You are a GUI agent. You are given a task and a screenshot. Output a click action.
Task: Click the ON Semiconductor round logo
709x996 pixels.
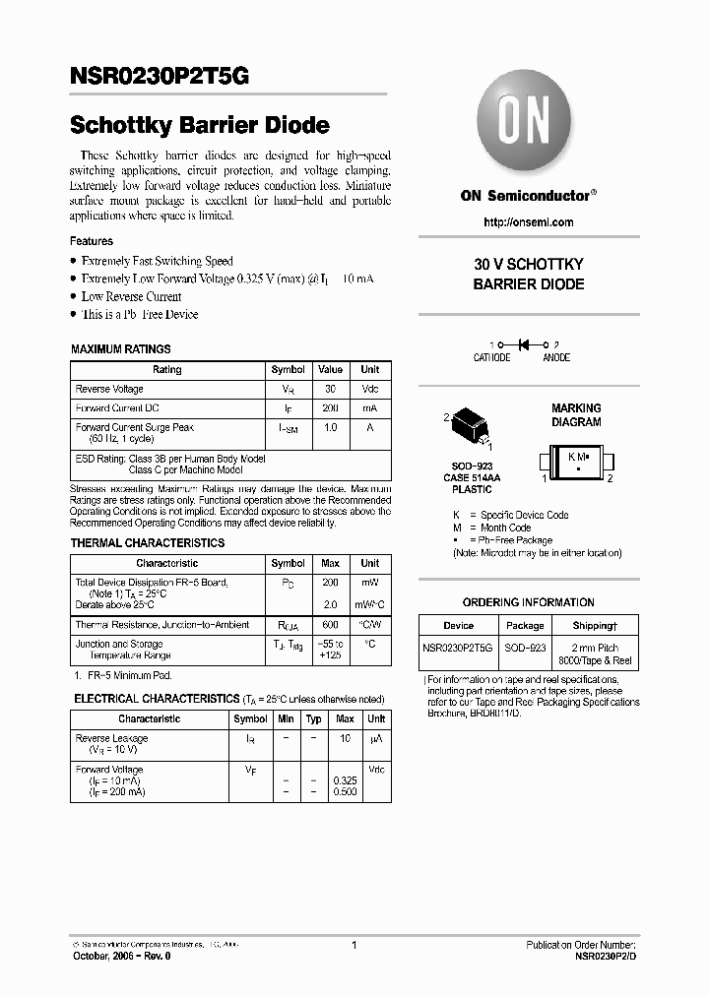coord(528,126)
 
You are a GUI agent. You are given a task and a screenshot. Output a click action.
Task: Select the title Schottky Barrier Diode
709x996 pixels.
coord(199,126)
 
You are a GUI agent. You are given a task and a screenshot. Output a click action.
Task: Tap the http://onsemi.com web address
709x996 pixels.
coord(529,222)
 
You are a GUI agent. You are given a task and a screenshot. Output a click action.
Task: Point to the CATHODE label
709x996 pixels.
coord(491,358)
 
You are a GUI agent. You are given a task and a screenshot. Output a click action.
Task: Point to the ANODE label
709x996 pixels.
coord(556,358)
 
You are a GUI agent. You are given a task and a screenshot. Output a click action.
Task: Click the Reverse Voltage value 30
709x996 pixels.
coord(331,389)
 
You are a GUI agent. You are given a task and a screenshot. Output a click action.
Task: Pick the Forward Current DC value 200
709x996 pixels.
coord(331,407)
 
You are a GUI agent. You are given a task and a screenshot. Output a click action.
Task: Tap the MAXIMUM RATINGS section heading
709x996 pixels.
coord(120,349)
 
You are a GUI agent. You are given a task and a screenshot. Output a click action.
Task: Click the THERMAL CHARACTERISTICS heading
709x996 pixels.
coord(147,543)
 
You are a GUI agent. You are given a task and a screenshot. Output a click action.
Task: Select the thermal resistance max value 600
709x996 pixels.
coord(331,625)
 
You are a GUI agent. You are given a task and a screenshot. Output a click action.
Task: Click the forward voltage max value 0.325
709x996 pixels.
coord(345,780)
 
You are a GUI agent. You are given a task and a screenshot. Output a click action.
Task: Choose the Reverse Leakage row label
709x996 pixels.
coord(111,738)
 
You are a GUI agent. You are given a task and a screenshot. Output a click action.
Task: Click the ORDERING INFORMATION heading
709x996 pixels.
coord(528,602)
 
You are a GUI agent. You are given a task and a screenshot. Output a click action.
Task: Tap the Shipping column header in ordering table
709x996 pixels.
coord(595,626)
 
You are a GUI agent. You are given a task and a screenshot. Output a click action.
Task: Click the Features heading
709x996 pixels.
coord(91,241)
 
